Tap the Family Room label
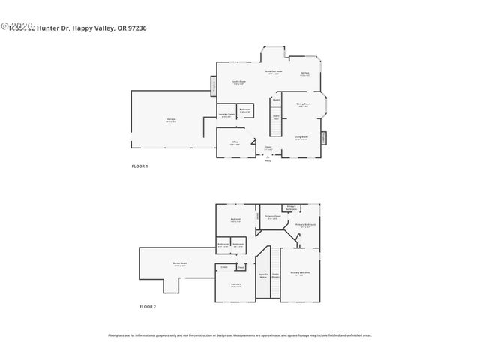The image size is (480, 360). pyautogui.click(x=238, y=82)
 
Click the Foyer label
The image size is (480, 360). pyautogui.click(x=268, y=148)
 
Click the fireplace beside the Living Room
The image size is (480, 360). pyautogui.click(x=324, y=138)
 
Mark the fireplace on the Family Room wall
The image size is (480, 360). pyautogui.click(x=214, y=88)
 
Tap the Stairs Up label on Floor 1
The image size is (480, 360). pyautogui.click(x=276, y=117)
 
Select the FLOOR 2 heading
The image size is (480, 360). pyautogui.click(x=148, y=306)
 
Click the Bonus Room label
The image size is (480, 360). pyautogui.click(x=179, y=264)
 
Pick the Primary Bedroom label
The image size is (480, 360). pyautogui.click(x=300, y=274)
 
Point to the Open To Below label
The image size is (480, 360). pyautogui.click(x=262, y=276)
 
